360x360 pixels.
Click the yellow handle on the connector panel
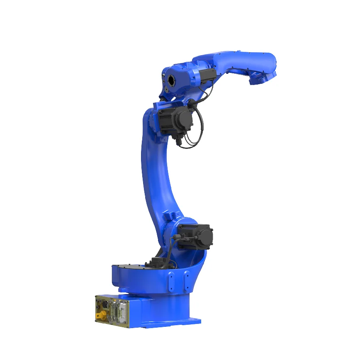(100, 316)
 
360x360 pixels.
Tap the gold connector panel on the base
(112, 309)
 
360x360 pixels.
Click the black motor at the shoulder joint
(195, 236)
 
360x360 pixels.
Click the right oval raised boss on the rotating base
(187, 280)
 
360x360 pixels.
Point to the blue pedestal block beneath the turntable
(162, 309)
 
